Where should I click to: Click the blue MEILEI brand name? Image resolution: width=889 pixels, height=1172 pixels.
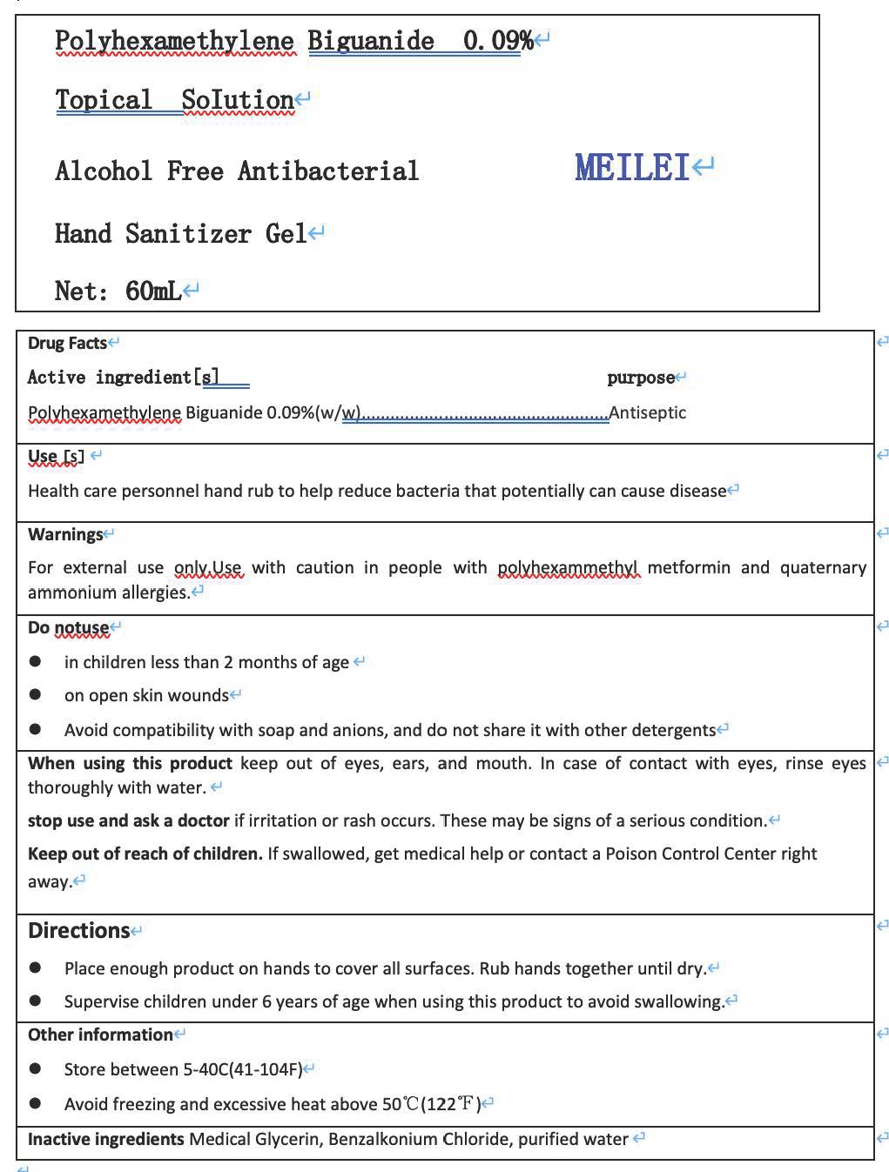(632, 167)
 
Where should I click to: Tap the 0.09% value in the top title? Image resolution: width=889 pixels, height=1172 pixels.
(497, 40)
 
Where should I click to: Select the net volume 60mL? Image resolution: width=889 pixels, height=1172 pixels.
(153, 291)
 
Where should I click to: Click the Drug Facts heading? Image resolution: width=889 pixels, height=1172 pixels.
(67, 343)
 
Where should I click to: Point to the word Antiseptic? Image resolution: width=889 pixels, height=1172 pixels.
(648, 412)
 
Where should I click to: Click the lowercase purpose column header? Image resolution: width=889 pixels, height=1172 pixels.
(640, 378)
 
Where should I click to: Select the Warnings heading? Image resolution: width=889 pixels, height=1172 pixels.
(65, 534)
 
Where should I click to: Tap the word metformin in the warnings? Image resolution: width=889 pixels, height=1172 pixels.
(689, 567)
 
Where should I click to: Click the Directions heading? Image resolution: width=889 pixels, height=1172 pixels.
(78, 930)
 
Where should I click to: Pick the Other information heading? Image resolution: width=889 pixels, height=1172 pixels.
(100, 1035)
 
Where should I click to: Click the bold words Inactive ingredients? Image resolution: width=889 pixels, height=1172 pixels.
(105, 1139)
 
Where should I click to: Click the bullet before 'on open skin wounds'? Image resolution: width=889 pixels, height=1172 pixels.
(35, 694)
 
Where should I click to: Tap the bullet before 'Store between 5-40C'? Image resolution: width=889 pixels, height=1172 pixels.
(35, 1068)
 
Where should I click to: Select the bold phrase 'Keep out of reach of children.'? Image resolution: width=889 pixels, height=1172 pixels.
(145, 854)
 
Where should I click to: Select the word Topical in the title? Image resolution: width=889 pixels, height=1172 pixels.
(104, 100)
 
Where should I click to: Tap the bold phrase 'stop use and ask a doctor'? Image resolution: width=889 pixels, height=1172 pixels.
(129, 820)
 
